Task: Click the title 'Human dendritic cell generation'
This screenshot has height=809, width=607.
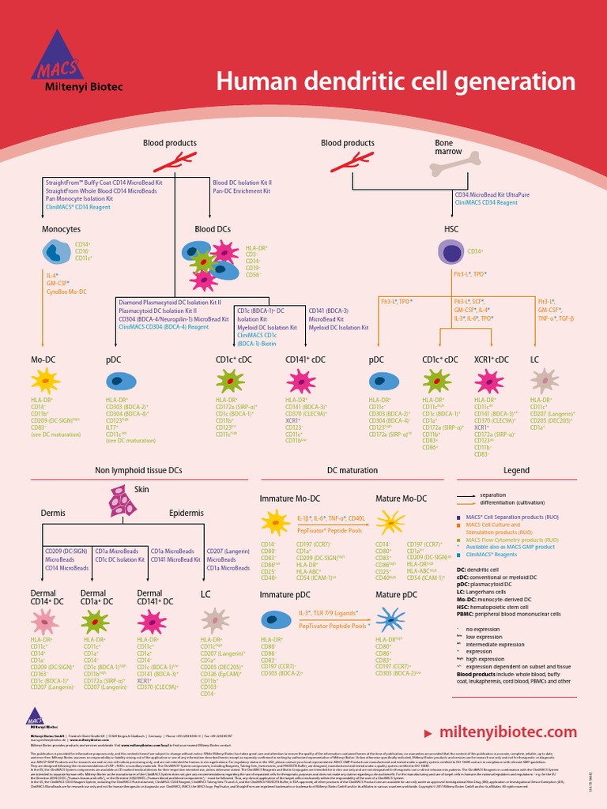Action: pyautogui.click(x=396, y=81)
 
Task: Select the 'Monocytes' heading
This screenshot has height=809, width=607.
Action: pyautogui.click(x=61, y=229)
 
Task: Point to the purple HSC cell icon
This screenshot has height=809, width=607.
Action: pyautogui.click(x=451, y=253)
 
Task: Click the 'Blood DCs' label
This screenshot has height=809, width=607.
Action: pyautogui.click(x=213, y=229)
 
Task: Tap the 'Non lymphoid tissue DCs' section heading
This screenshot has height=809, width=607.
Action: pyautogui.click(x=138, y=470)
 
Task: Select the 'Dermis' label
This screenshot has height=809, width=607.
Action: pyautogui.click(x=53, y=514)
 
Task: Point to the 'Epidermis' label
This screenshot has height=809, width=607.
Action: pyautogui.click(x=186, y=514)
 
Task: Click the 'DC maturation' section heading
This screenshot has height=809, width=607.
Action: pyautogui.click(x=353, y=470)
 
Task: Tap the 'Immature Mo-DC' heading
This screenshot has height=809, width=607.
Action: pyautogui.click(x=290, y=499)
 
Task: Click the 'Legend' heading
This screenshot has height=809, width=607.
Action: pyautogui.click(x=516, y=470)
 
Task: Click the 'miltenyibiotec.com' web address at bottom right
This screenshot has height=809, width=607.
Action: pyautogui.click(x=513, y=732)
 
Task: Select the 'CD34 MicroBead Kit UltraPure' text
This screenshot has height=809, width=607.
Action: pyautogui.click(x=492, y=194)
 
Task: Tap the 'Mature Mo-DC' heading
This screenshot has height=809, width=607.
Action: pyautogui.click(x=401, y=499)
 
